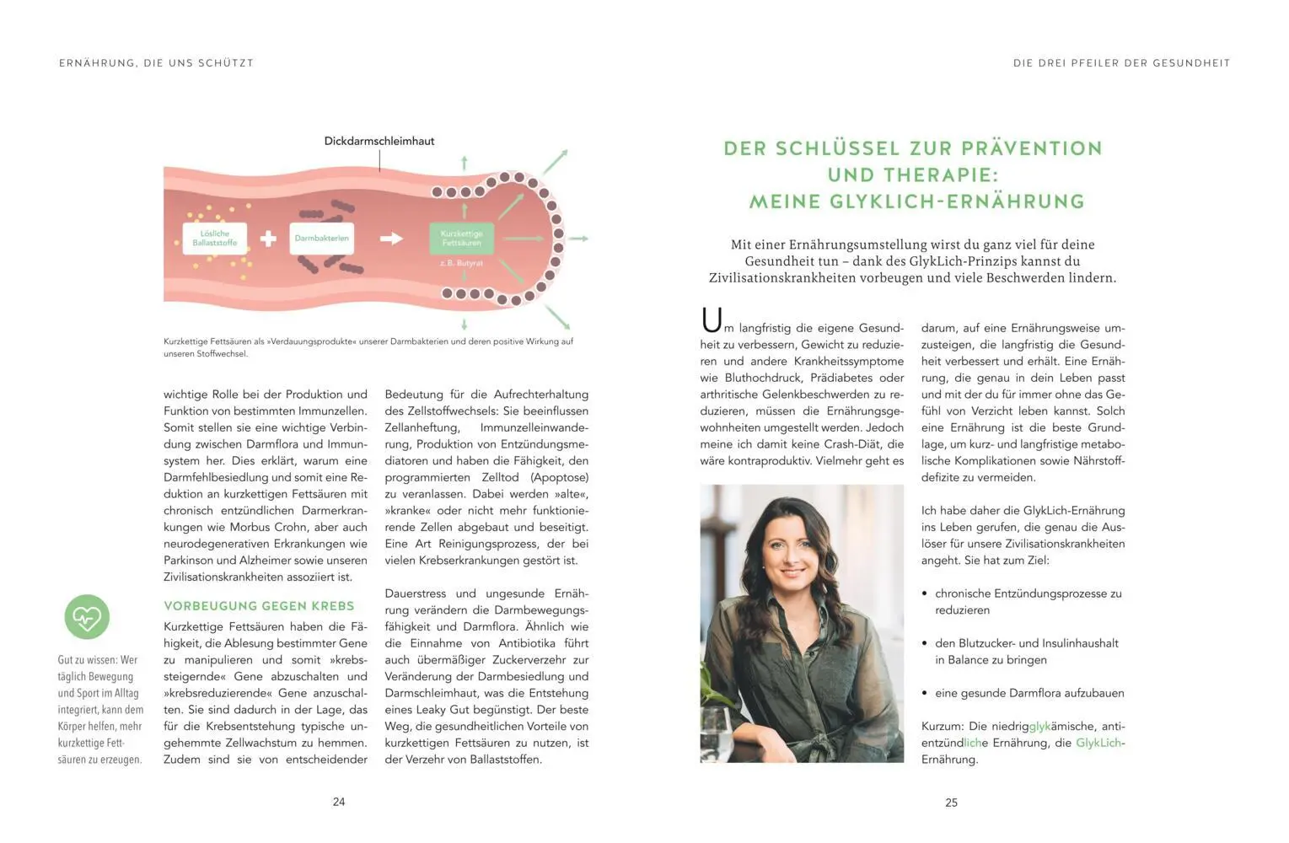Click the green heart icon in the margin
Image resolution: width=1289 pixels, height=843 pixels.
click(x=87, y=617)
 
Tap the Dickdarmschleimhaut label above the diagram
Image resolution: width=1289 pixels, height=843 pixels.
click(x=379, y=141)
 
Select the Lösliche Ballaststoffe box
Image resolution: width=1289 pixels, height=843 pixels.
click(x=215, y=239)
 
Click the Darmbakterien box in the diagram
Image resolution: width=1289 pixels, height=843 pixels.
click(x=321, y=239)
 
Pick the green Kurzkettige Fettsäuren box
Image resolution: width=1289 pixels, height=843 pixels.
click(x=461, y=239)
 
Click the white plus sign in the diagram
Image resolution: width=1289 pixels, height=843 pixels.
click(x=268, y=239)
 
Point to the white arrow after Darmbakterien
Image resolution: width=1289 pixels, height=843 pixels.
click(x=391, y=239)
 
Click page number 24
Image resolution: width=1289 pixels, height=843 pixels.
click(x=339, y=802)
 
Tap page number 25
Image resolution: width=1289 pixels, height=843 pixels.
click(x=951, y=803)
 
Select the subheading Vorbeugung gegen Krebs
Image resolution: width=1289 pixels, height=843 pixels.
click(x=259, y=605)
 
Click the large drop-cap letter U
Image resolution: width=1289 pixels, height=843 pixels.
click(x=712, y=320)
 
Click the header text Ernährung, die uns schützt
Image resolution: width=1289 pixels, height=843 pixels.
click(x=156, y=63)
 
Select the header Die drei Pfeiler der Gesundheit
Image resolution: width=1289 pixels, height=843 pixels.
click(x=1121, y=63)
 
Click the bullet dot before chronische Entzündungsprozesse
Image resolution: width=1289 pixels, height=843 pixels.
click(x=925, y=594)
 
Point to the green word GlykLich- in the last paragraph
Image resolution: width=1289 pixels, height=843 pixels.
click(x=1100, y=743)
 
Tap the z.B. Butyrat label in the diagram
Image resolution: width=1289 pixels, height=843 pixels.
click(x=461, y=263)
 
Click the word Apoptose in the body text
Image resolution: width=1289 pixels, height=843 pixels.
click(x=559, y=477)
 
